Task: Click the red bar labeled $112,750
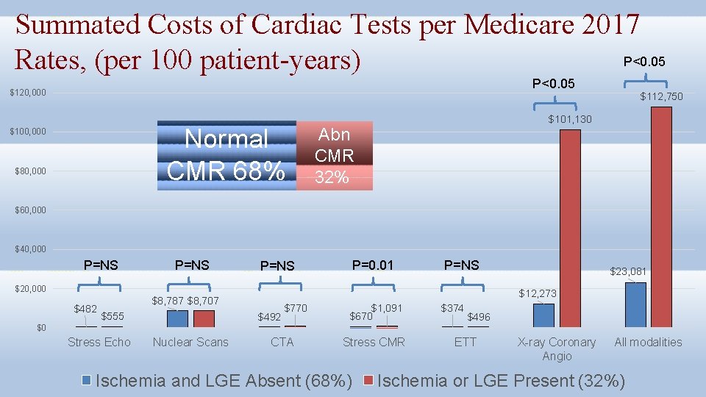tap(660, 217)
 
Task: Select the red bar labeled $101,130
tap(570, 228)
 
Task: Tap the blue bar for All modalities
tap(635, 304)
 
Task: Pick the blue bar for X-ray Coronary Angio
tap(543, 315)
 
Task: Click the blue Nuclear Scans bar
tap(177, 318)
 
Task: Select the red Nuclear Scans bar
tap(204, 318)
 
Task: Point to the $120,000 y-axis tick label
tap(28, 93)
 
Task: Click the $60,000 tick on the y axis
tap(30, 210)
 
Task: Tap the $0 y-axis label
tap(42, 328)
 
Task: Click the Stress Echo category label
tap(99, 342)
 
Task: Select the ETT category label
tap(465, 342)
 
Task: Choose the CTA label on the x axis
tap(282, 342)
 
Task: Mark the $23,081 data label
tap(627, 271)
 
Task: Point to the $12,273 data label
tap(538, 293)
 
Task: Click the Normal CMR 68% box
tap(227, 155)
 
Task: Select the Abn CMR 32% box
tap(335, 155)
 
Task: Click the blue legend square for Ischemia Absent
tap(87, 380)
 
